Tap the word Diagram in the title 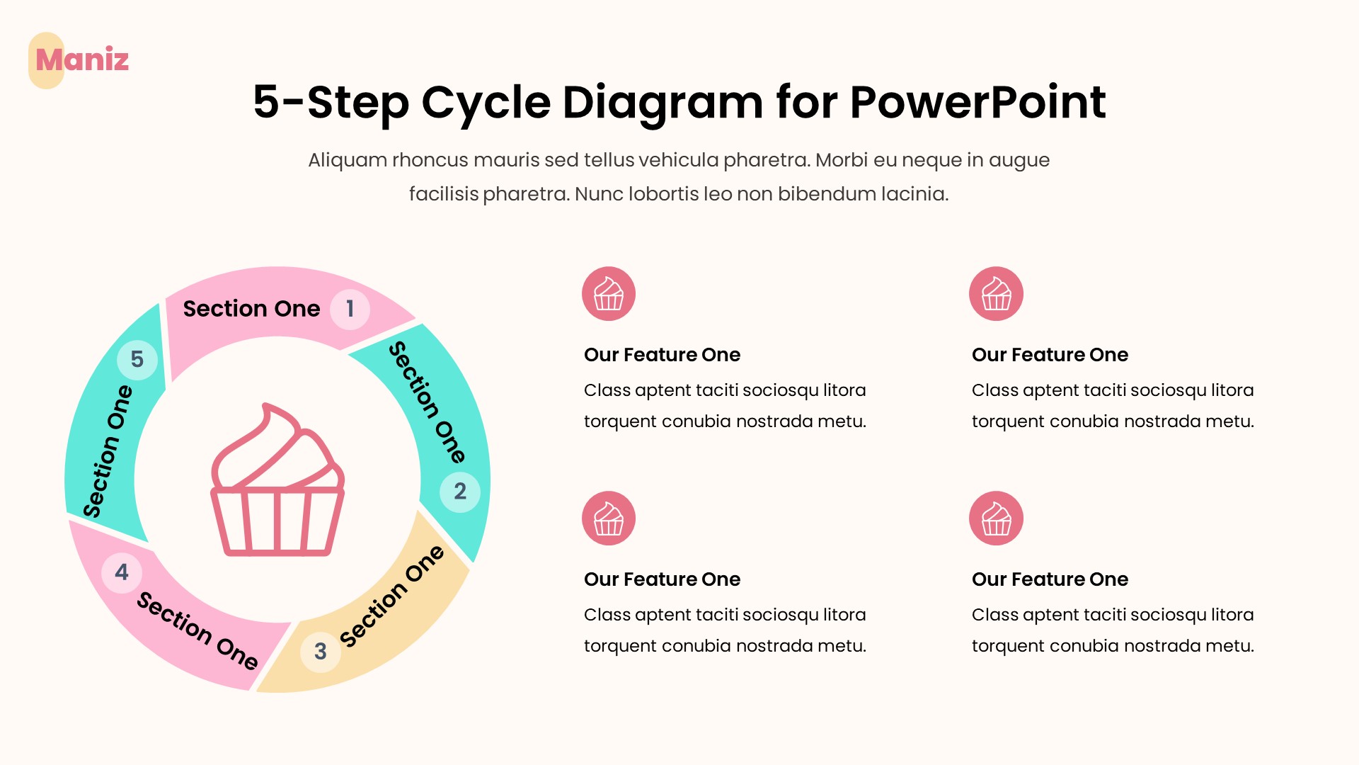pyautogui.click(x=663, y=102)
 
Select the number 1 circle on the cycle pyautogui.click(x=350, y=309)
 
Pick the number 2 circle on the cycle pyautogui.click(x=460, y=491)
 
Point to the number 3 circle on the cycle pyautogui.click(x=321, y=651)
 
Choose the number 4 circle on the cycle pyautogui.click(x=122, y=572)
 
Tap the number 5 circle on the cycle pyautogui.click(x=137, y=359)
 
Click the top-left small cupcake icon pyautogui.click(x=609, y=294)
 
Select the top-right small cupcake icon pyautogui.click(x=996, y=294)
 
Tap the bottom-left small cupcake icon pyautogui.click(x=609, y=518)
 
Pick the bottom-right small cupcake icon pyautogui.click(x=996, y=518)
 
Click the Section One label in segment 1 pyautogui.click(x=251, y=309)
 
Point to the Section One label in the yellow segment pyautogui.click(x=391, y=596)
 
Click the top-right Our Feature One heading pyautogui.click(x=1050, y=355)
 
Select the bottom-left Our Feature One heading pyautogui.click(x=662, y=579)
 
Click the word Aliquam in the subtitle pyautogui.click(x=347, y=160)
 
